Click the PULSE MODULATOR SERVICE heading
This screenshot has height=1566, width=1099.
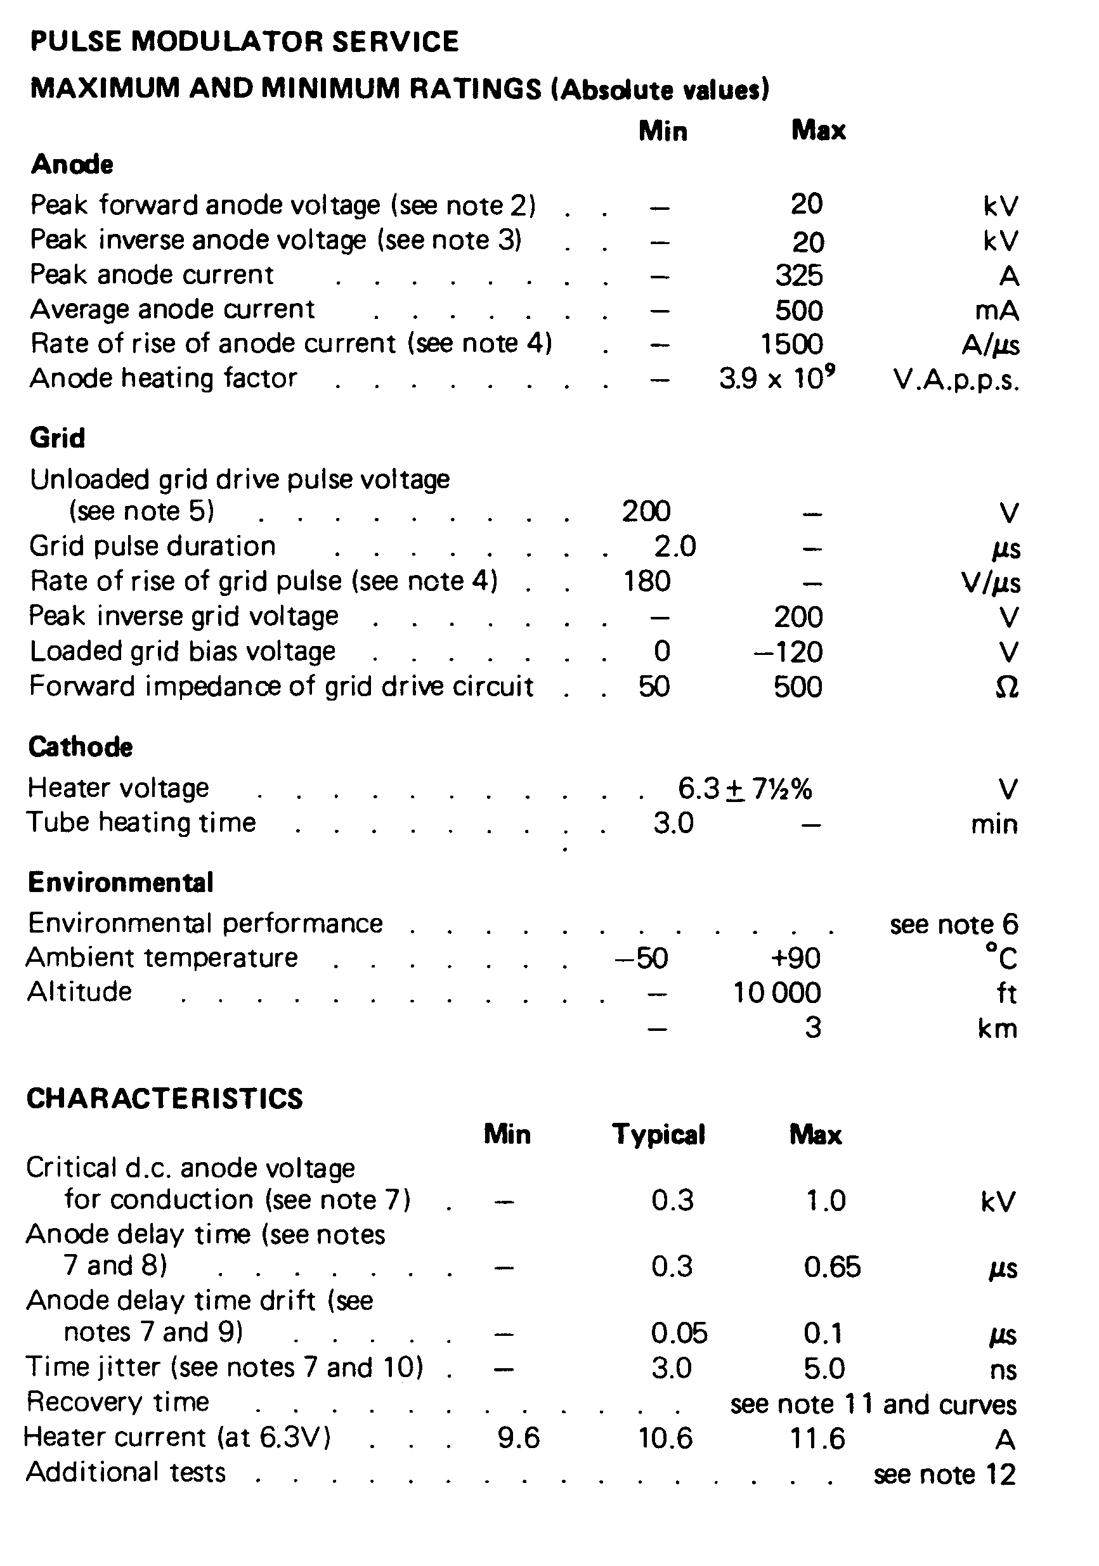coord(244,42)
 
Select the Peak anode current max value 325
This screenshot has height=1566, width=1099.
coord(799,276)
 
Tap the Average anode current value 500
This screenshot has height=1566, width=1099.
coord(799,310)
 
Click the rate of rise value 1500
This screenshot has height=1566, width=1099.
coord(791,344)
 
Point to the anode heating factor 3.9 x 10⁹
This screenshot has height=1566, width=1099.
coord(777,378)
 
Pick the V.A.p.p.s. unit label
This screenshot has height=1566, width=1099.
coord(956,380)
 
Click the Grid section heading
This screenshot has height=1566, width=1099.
coord(57,438)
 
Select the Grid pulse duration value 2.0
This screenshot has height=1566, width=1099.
coord(675,547)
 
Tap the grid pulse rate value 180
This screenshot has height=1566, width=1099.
coord(647,581)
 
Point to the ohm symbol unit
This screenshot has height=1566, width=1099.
coord(1006,687)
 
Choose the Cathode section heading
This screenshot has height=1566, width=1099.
coord(81,747)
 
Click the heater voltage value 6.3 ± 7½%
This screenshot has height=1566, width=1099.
coord(745,789)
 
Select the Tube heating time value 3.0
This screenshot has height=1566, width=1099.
coord(673,823)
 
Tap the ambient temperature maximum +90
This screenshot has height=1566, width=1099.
coord(795,958)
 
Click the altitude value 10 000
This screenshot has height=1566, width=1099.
coord(777,993)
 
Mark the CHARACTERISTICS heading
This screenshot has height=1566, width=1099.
coord(164,1099)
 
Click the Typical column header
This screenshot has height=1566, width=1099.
coord(658,1134)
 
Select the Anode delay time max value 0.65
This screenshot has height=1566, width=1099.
coord(831,1267)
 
